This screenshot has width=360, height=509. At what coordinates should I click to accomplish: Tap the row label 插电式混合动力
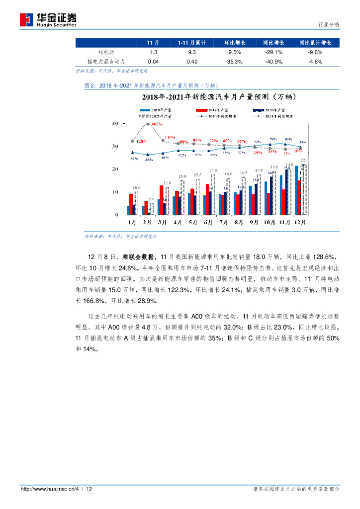click(106, 62)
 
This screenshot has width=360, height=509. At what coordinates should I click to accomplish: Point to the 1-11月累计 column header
click(191, 43)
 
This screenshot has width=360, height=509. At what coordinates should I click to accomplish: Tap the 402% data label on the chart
click(157, 124)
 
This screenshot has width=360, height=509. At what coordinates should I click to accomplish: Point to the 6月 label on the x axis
click(208, 222)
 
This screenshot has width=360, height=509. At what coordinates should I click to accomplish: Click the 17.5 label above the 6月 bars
click(213, 170)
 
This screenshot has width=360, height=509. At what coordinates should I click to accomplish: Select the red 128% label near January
click(142, 142)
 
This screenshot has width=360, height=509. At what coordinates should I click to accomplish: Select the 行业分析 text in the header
click(328, 24)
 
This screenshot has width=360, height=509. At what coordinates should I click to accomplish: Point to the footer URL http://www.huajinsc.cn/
click(47, 489)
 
